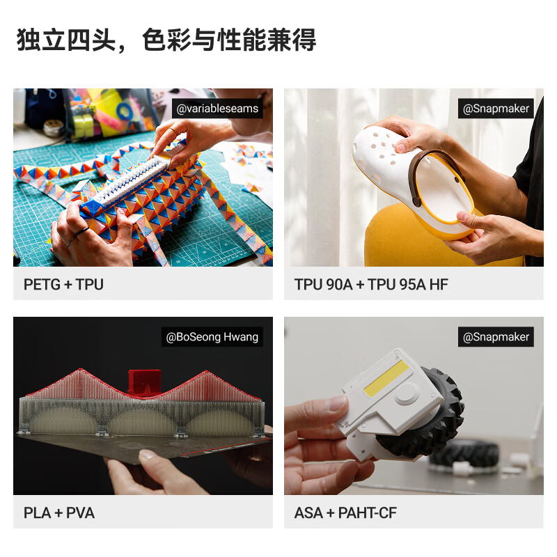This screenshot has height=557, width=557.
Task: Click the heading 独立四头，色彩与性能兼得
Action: coord(166,40)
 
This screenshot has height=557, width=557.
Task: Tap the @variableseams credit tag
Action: coord(217,109)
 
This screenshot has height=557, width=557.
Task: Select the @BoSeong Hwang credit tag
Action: coord(212,337)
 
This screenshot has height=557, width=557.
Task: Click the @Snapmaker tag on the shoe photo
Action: coord(496,109)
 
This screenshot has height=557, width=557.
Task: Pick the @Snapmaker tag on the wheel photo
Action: coord(496,337)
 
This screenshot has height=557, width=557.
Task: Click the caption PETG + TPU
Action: coord(63,285)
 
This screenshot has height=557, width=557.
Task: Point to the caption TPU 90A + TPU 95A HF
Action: coord(371,285)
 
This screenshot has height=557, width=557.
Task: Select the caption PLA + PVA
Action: coord(59,513)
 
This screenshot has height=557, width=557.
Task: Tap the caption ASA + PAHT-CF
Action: coord(345,513)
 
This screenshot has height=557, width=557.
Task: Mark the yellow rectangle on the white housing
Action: coord(386,378)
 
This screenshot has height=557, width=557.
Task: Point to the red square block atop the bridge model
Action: coord(145,382)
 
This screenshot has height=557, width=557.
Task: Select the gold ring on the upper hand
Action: coord(174,131)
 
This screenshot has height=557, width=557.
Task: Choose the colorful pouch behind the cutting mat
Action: coord(110,113)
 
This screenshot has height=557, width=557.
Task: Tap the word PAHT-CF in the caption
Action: coord(368,513)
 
